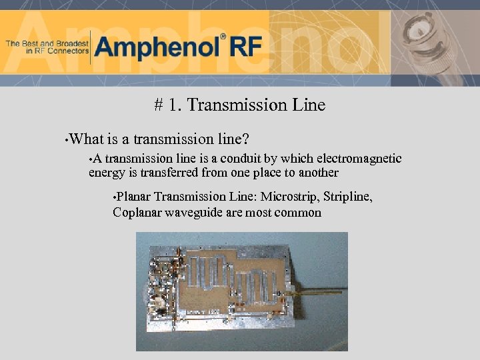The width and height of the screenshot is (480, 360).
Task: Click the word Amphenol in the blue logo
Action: [157, 47]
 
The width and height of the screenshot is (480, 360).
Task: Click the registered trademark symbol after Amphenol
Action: [223, 37]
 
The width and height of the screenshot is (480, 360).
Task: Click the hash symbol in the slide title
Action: [159, 105]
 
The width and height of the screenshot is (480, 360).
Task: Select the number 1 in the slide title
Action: [173, 105]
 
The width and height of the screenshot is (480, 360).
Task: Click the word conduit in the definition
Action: [248, 159]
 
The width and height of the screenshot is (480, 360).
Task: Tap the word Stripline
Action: [347, 197]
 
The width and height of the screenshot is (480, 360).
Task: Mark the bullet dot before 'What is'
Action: [65, 141]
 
